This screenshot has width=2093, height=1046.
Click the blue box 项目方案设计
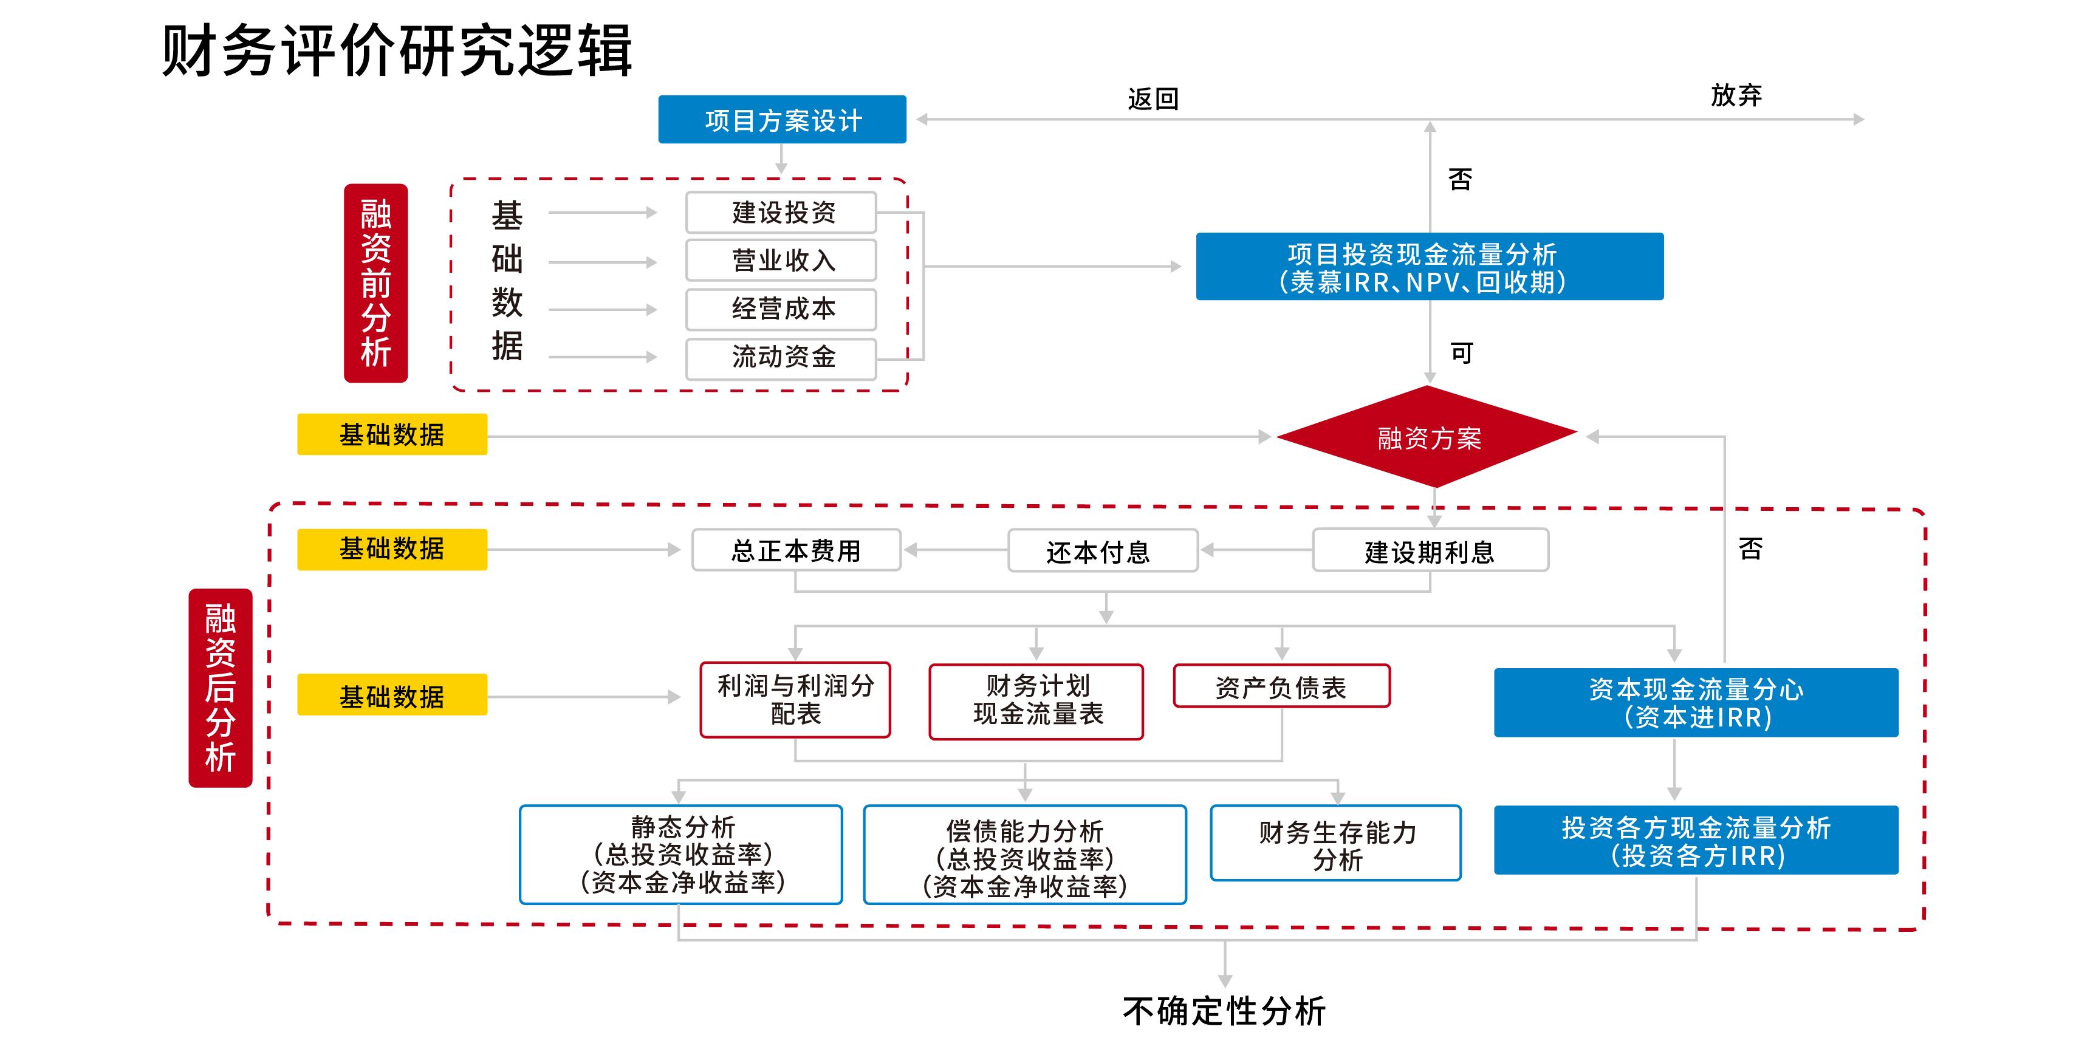[782, 120]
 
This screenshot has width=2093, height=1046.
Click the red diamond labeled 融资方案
[1428, 438]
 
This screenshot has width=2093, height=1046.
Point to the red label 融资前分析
[375, 282]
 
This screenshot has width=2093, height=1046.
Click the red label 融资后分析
[220, 687]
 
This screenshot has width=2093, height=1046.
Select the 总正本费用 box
[795, 550]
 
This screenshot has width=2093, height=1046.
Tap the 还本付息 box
[1101, 552]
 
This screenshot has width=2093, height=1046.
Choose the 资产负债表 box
[1281, 687]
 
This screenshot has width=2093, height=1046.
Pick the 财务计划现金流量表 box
[1036, 701]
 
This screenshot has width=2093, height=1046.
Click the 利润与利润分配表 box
[795, 700]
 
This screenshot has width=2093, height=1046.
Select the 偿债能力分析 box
[1024, 854]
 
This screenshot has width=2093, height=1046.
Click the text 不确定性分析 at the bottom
[1224, 1012]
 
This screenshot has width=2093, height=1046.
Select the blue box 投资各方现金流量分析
[1696, 841]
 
